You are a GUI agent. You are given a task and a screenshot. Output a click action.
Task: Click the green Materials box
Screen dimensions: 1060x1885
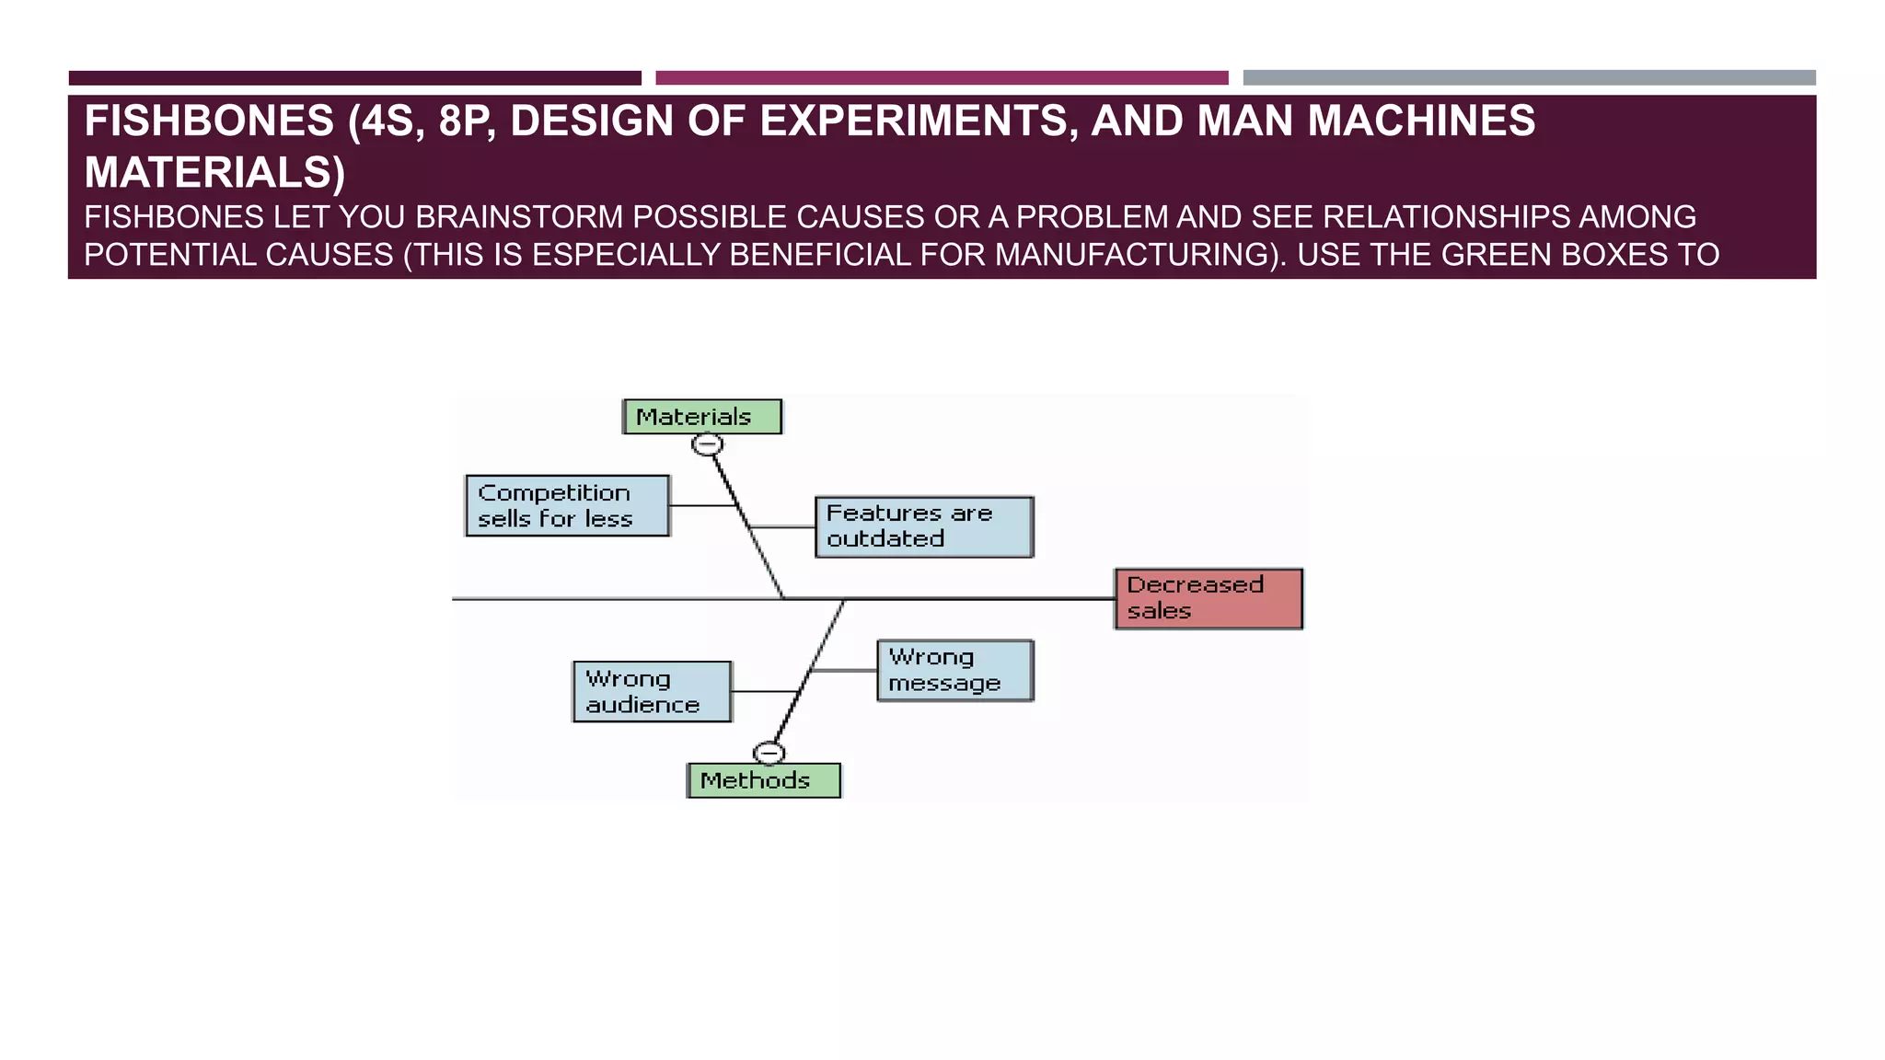702,417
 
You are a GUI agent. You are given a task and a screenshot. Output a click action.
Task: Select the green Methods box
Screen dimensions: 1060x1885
764,780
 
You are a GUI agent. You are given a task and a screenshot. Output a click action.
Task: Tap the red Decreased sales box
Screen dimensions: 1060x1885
1208,599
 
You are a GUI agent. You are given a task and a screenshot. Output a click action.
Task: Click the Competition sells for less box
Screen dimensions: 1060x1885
567,506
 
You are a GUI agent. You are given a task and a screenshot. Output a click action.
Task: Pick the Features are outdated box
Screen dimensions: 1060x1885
924,527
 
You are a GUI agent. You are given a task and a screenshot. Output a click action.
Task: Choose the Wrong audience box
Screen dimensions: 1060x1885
652,692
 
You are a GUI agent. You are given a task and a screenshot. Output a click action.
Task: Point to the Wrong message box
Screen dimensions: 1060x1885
955,671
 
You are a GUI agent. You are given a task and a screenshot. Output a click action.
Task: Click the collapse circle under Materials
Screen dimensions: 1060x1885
708,445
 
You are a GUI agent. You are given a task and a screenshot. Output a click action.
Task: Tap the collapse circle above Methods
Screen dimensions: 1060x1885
769,754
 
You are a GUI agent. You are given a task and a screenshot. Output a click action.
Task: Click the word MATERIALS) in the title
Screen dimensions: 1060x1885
214,173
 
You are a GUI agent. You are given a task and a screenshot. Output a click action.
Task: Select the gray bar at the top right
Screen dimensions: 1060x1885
1529,78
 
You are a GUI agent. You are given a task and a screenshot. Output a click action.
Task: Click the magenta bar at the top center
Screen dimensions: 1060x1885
942,78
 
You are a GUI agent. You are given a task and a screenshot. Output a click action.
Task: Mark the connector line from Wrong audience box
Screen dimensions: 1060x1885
765,691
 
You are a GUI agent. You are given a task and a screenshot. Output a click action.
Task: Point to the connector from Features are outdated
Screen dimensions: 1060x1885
783,527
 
